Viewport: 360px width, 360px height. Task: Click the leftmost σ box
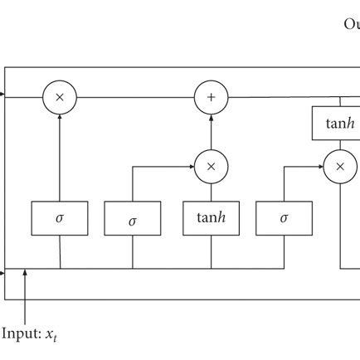point(60,217)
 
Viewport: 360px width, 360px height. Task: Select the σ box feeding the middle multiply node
point(132,218)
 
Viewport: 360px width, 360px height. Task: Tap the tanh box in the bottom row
point(211,217)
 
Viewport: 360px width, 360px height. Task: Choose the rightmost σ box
point(284,217)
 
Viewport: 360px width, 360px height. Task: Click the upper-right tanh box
point(338,123)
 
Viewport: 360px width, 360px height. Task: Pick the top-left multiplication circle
point(60,97)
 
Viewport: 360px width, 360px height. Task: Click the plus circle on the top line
point(211,97)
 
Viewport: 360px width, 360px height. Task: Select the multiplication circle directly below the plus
point(211,166)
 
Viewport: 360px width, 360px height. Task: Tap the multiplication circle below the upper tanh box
point(338,166)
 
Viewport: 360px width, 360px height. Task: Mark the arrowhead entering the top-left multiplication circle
point(60,117)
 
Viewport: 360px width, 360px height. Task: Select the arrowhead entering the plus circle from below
point(211,117)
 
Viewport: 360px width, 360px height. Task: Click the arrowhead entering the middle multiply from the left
point(191,166)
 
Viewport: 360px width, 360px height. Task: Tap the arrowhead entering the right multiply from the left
point(319,166)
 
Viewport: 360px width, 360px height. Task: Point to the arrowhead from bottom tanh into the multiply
point(211,186)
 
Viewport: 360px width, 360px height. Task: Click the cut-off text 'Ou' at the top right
point(351,24)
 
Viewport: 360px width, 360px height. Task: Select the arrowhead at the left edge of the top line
point(2,97)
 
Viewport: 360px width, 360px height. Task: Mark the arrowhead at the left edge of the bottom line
point(2,270)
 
